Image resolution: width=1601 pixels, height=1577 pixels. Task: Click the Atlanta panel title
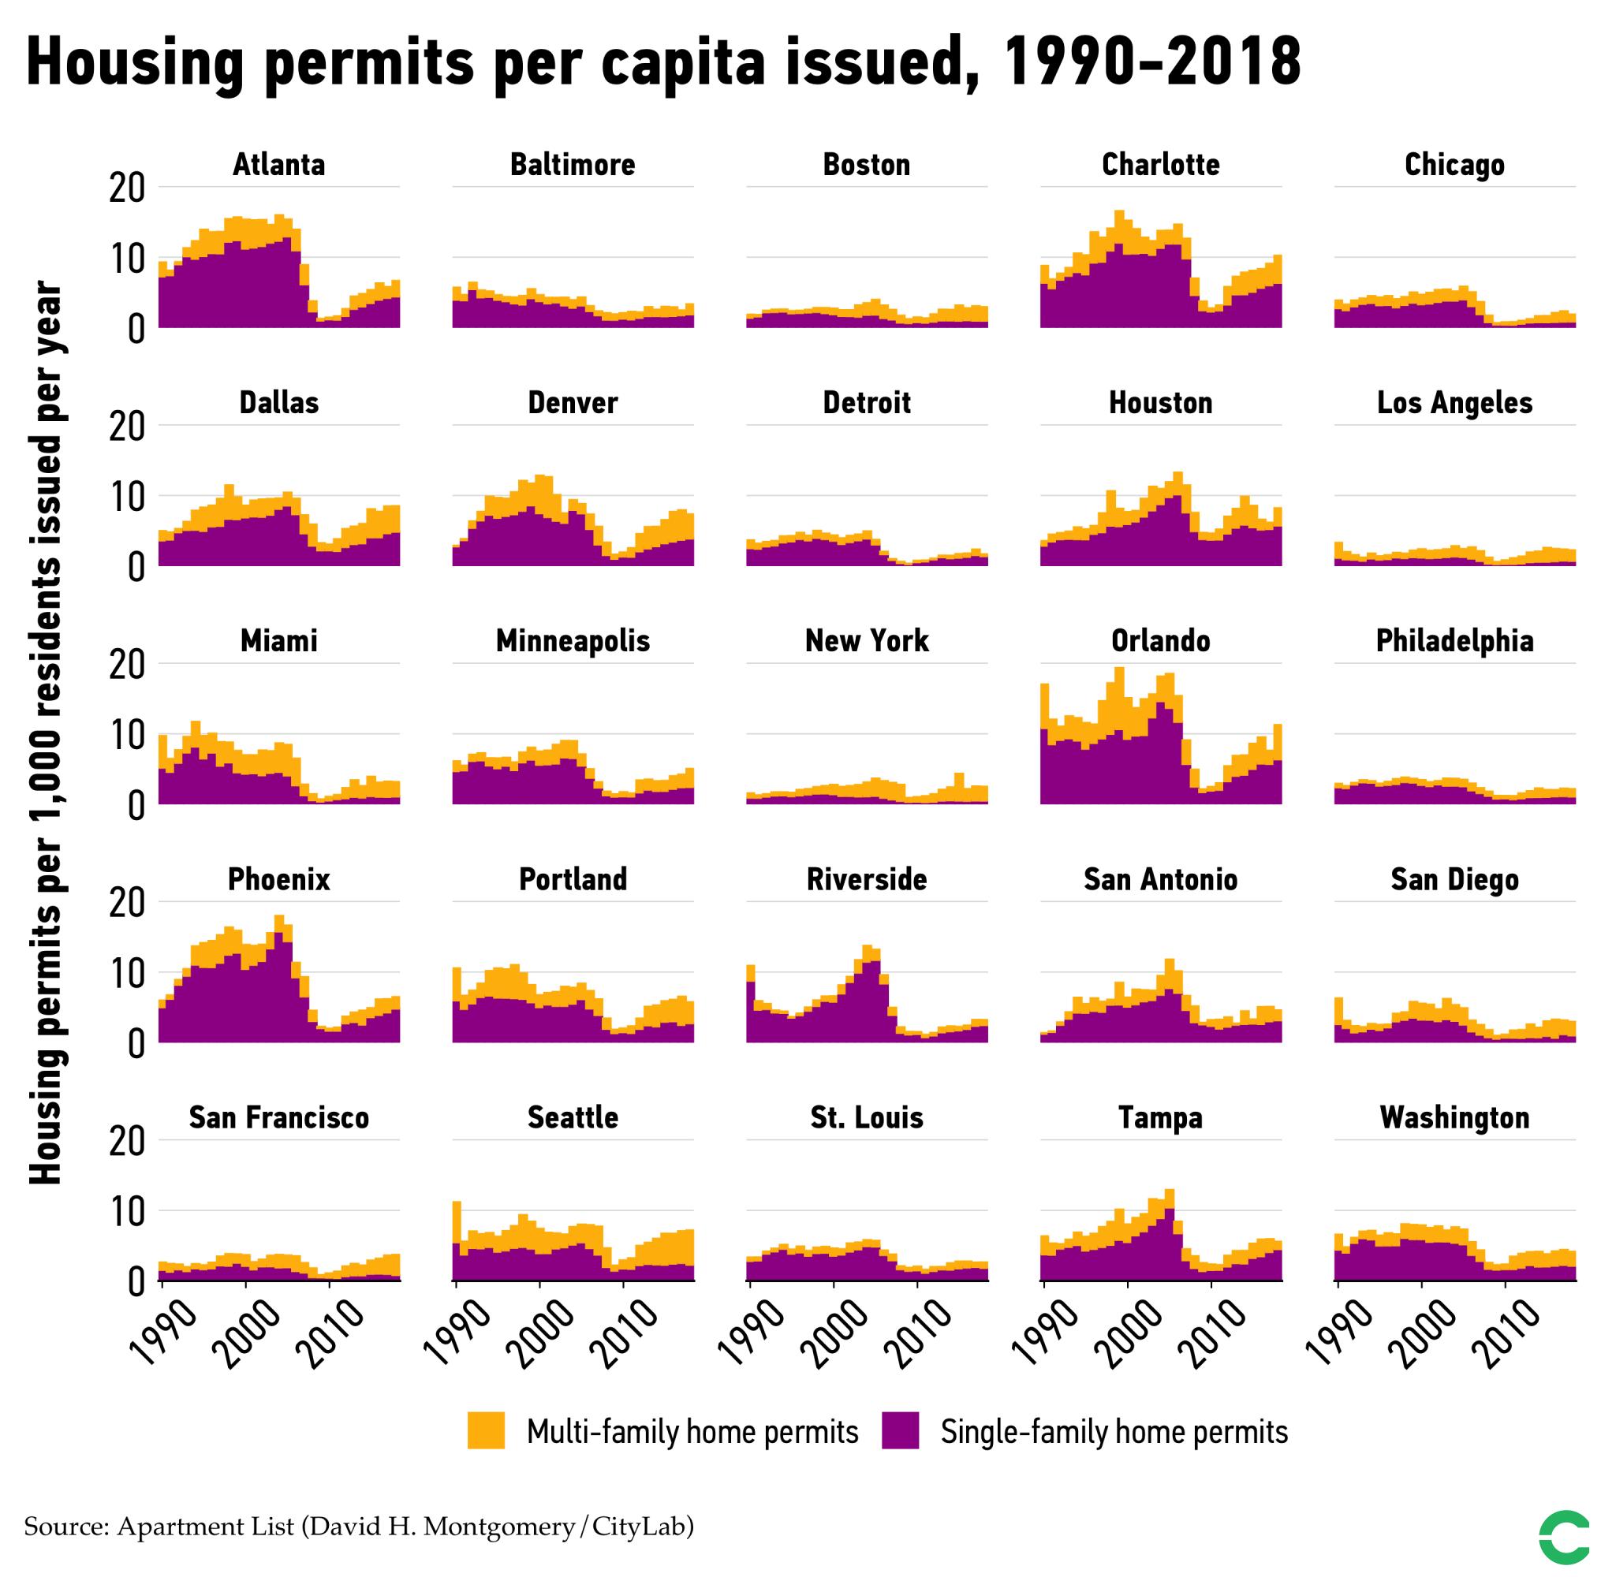point(278,164)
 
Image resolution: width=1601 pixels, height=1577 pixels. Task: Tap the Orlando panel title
point(1159,640)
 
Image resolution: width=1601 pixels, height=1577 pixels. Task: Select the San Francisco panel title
point(278,1117)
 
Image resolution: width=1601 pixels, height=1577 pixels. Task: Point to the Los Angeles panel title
point(1454,403)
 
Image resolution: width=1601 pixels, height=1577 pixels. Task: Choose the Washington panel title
point(1454,1117)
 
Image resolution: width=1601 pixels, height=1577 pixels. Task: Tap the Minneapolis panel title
point(573,640)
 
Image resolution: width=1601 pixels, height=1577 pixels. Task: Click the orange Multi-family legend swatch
point(485,1431)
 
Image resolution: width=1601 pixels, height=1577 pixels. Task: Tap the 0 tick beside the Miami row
point(135,807)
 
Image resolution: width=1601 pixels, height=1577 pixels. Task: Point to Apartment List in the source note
point(204,1526)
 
